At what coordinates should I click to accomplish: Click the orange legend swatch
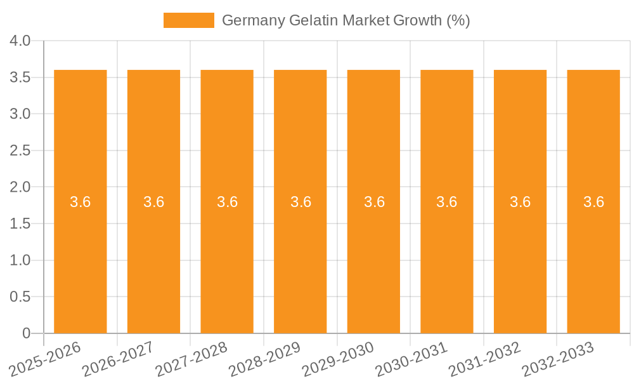coord(188,20)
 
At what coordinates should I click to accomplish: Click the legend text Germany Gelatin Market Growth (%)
coord(346,20)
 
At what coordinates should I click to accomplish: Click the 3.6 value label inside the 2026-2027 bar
coord(154,202)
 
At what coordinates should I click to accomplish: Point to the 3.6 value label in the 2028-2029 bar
coord(301,202)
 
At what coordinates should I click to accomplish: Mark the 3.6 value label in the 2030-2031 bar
coord(447,202)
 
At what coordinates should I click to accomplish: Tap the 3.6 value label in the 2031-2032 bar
coord(521,202)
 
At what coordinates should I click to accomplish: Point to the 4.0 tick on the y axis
coord(21,41)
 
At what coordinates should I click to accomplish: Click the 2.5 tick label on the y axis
coord(21,151)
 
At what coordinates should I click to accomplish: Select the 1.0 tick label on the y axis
coord(21,260)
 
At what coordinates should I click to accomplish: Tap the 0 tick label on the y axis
coord(27,333)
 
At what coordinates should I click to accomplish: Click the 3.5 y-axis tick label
coord(21,77)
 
